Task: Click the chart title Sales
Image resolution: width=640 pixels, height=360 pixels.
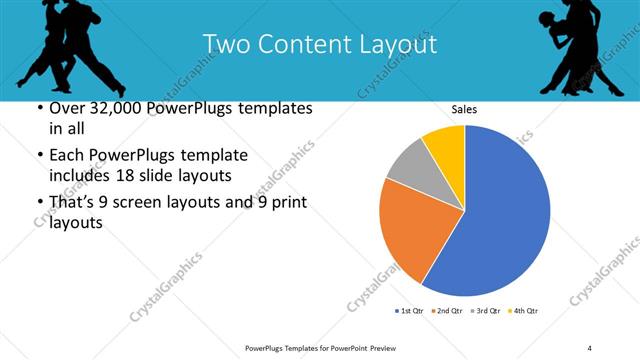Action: click(464, 109)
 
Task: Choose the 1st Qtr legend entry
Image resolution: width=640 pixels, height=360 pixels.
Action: click(410, 311)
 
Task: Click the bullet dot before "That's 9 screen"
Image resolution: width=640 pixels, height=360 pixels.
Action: click(39, 203)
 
